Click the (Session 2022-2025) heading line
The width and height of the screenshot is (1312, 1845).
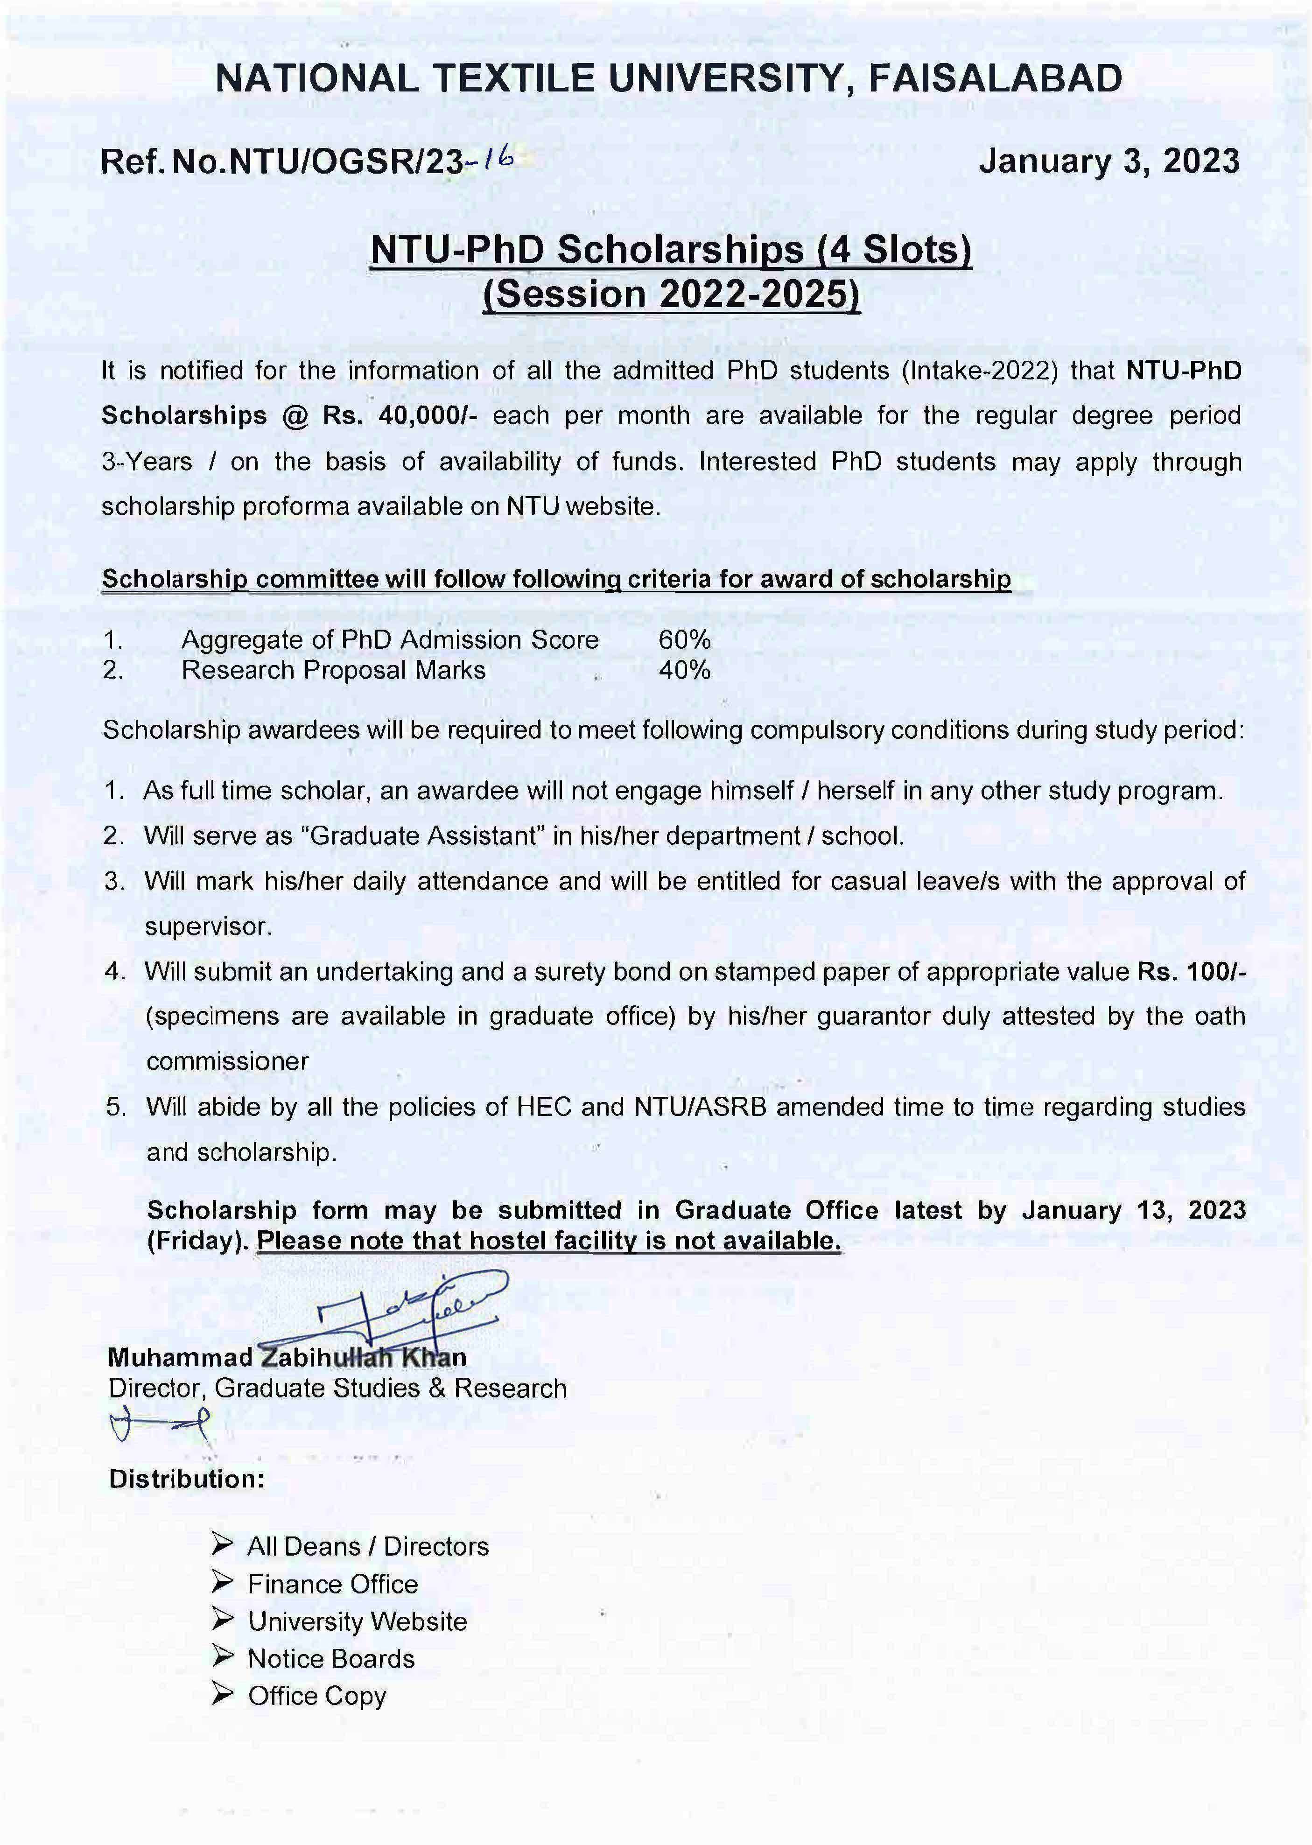coord(671,294)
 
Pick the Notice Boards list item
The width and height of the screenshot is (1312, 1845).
coord(331,1658)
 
